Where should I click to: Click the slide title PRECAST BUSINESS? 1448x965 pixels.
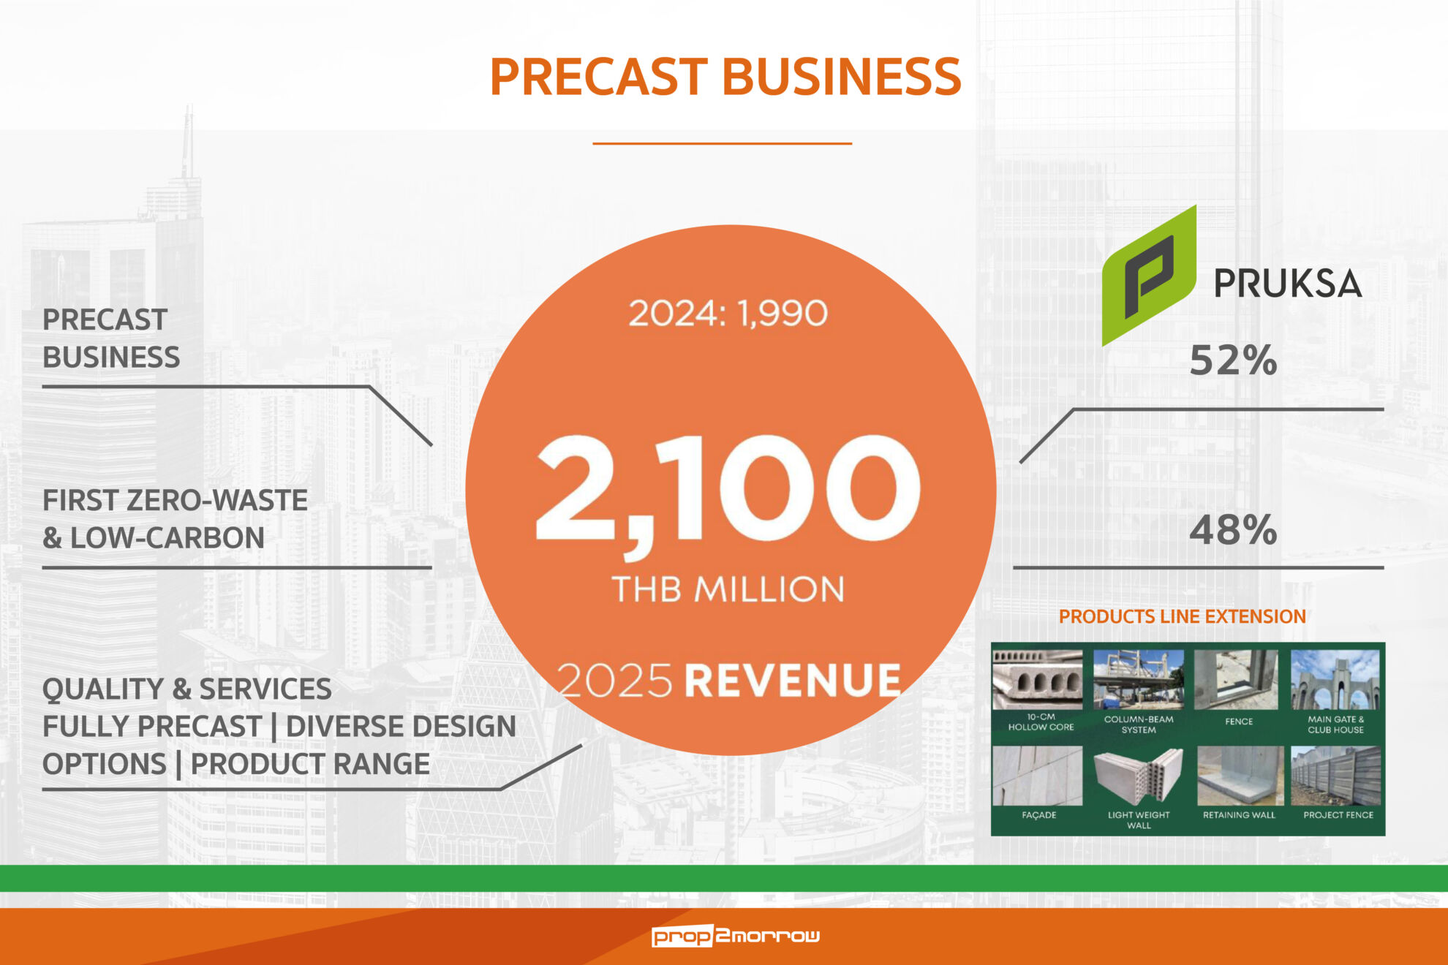pos(725,77)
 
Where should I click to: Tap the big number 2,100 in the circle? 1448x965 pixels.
pos(728,489)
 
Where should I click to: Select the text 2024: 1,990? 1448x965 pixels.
pos(728,314)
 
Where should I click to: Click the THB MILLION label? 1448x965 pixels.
pos(728,589)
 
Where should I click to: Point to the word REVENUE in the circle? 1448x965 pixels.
pos(792,681)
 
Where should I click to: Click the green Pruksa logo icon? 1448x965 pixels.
pos(1149,276)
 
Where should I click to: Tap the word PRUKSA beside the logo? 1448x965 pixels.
pos(1288,284)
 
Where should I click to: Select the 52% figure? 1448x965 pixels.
pos(1233,360)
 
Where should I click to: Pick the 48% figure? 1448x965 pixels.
pos(1233,530)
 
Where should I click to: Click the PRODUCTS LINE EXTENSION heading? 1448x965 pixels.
pos(1182,616)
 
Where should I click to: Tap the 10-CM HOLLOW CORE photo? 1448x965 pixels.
pos(1038,679)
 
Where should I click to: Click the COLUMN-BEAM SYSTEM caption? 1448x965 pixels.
pos(1139,724)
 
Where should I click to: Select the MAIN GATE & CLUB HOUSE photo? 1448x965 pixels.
pos(1335,679)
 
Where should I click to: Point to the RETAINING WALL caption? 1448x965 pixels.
pos(1239,814)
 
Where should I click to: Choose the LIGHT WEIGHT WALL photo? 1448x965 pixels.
pos(1138,776)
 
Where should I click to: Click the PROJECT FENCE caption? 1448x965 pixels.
pos(1338,814)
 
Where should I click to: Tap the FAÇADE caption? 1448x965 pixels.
pos(1039,814)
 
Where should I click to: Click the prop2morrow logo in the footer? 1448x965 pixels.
pos(736,936)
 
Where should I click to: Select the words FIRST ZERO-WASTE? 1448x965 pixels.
pos(175,501)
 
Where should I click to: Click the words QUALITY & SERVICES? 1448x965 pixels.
pos(186,689)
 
